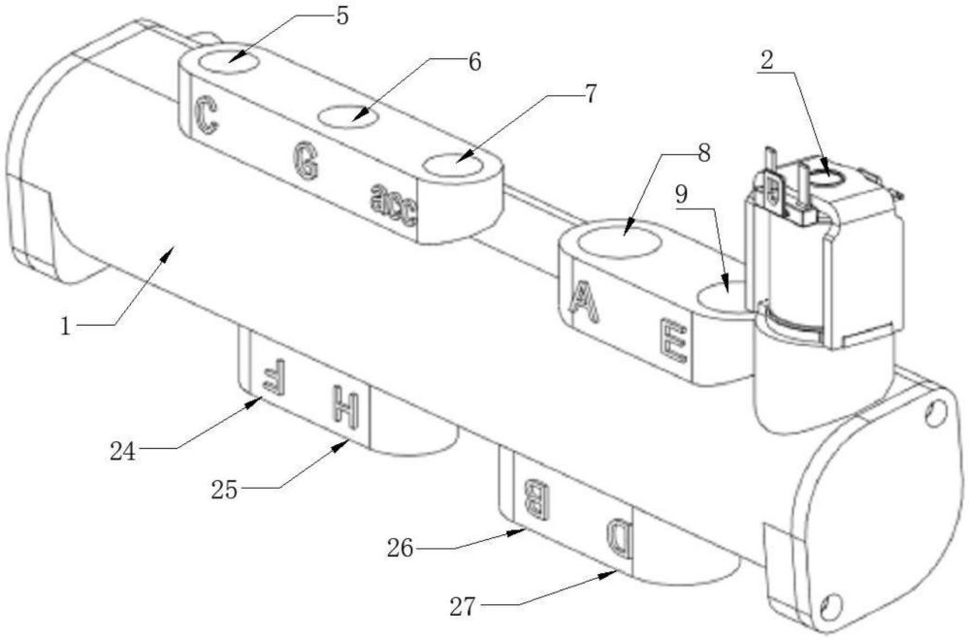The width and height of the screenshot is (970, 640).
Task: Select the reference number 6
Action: [x=473, y=60]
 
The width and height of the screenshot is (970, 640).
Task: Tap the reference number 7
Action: [x=591, y=94]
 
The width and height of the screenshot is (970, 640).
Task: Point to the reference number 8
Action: [x=703, y=152]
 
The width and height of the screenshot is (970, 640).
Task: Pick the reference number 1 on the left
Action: [x=66, y=327]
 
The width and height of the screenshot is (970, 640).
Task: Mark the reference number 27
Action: [x=464, y=607]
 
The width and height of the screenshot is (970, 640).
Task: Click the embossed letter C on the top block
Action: [x=206, y=114]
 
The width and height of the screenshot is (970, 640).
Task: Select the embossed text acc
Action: [x=393, y=204]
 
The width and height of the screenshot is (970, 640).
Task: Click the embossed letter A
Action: [x=583, y=302]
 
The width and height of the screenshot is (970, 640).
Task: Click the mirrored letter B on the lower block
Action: [x=535, y=496]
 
